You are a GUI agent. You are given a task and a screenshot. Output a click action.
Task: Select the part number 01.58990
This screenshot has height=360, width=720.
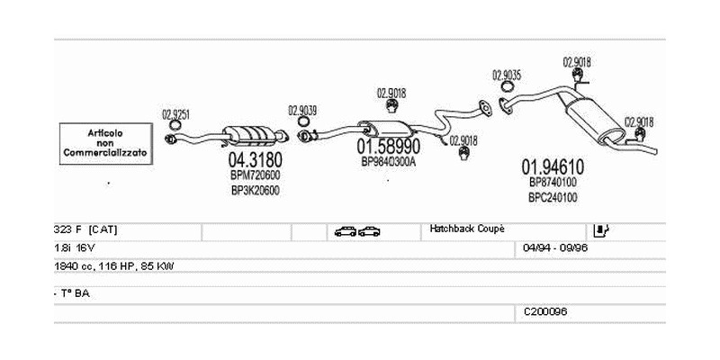click(x=388, y=146)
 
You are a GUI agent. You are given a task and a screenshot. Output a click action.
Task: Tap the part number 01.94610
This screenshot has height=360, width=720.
click(x=553, y=166)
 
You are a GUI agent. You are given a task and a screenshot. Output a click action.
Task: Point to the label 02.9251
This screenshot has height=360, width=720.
click(x=175, y=114)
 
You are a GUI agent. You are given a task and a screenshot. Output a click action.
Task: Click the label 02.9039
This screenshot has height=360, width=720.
click(x=302, y=111)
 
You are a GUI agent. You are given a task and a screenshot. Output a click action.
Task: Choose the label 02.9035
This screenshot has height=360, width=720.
click(x=508, y=74)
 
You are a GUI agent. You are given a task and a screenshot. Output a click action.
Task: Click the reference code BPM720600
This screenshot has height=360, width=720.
click(x=255, y=175)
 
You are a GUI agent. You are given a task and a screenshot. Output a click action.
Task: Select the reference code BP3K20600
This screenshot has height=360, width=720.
click(x=255, y=190)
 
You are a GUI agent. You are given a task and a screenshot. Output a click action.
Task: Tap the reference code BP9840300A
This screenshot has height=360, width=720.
click(x=388, y=162)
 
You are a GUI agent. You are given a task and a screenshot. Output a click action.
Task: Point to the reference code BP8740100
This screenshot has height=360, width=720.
click(x=553, y=182)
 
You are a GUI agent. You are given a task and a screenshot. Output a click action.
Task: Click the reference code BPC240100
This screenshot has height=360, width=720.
click(x=553, y=197)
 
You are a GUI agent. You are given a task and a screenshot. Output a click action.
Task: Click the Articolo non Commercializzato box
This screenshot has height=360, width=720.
click(x=104, y=143)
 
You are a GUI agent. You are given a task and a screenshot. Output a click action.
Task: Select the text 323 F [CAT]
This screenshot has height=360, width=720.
click(x=86, y=230)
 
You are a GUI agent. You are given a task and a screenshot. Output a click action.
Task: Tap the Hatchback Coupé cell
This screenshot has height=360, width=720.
click(x=467, y=229)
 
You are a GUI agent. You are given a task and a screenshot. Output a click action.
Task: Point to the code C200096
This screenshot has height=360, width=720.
click(x=545, y=311)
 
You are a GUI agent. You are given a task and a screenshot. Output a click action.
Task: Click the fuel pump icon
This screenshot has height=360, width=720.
click(x=602, y=230)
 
